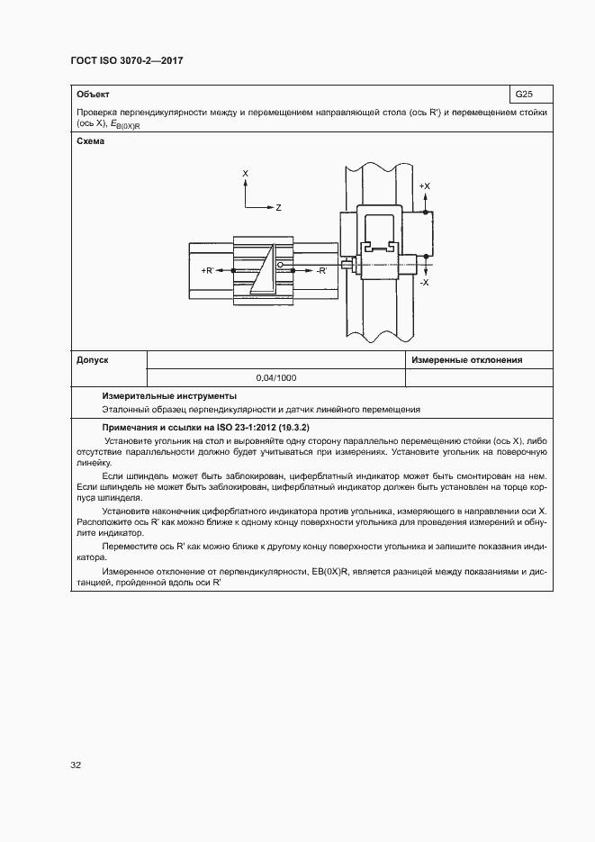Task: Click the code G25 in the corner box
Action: click(x=523, y=94)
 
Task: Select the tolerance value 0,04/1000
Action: click(x=276, y=378)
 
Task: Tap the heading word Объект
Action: click(x=94, y=94)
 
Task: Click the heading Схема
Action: click(x=91, y=141)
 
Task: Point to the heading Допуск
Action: click(x=93, y=360)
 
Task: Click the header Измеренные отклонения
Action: click(x=466, y=360)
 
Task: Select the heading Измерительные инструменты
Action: click(x=169, y=395)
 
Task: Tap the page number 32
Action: click(x=76, y=766)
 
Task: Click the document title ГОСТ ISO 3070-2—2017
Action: click(x=127, y=61)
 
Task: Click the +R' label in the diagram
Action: click(x=208, y=270)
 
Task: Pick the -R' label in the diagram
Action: click(x=321, y=270)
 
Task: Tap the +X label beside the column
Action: click(x=425, y=186)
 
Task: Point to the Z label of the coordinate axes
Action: click(x=279, y=208)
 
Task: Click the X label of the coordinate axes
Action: click(x=246, y=172)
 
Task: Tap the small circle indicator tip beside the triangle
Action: click(x=280, y=265)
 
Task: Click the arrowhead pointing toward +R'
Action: click(x=221, y=270)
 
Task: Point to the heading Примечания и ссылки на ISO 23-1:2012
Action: click(x=206, y=426)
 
